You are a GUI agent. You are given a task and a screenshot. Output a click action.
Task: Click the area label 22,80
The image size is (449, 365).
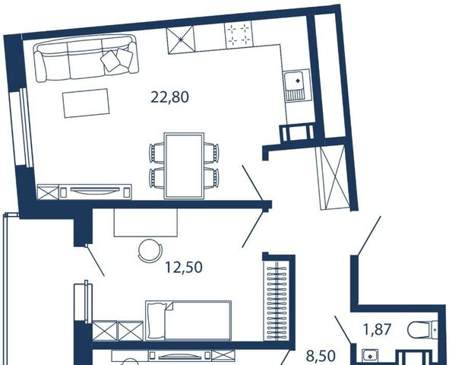pyautogui.click(x=170, y=97)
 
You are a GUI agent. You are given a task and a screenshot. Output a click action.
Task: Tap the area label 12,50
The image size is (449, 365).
pyautogui.click(x=184, y=268)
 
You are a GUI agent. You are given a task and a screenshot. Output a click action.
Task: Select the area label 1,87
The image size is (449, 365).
pyautogui.click(x=377, y=329)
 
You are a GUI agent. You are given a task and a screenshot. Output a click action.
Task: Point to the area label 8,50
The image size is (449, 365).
pyautogui.click(x=321, y=356)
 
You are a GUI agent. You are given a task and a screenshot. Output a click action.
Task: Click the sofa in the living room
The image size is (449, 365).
pyautogui.click(x=86, y=58)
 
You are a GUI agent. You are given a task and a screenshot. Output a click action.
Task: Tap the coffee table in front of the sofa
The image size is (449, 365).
pyautogui.click(x=86, y=103)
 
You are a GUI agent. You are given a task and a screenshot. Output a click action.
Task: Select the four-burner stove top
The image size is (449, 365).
pyautogui.click(x=239, y=34)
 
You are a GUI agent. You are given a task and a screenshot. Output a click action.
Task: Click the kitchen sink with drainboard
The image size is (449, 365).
pyautogui.click(x=297, y=85)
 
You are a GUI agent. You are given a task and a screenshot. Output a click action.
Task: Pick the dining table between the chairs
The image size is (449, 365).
pyautogui.click(x=184, y=166)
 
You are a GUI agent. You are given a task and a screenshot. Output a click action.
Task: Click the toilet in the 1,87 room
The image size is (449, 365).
pyautogui.click(x=422, y=330)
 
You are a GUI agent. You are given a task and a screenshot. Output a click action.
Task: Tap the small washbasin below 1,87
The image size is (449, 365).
pyautogui.click(x=370, y=357)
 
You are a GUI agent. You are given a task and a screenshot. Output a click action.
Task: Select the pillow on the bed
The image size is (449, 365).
pyautogui.click(x=157, y=321)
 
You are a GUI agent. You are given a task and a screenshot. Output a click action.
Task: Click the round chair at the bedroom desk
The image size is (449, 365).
pyautogui.click(x=149, y=249)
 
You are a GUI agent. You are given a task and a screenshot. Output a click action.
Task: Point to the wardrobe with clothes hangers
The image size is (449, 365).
pyautogui.click(x=277, y=301)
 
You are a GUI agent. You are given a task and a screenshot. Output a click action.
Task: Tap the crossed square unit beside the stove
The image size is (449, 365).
pyautogui.click(x=180, y=40)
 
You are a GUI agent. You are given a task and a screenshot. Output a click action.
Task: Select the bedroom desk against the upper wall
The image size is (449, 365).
pyautogui.click(x=145, y=222)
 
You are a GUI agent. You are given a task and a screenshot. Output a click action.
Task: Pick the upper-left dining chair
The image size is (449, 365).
pyautogui.click(x=157, y=153)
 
